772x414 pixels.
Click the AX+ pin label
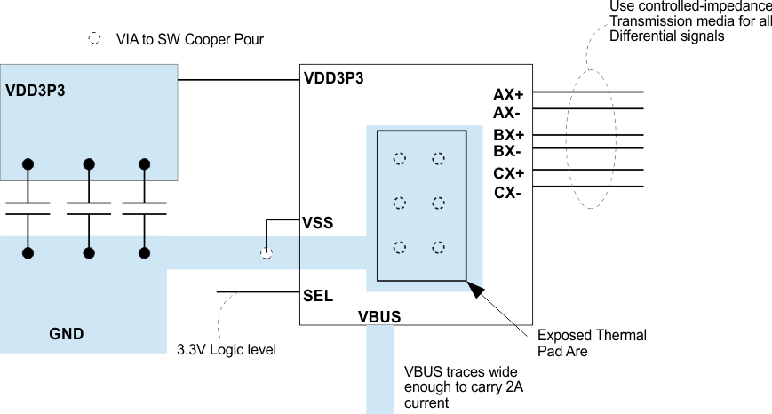pos(508,94)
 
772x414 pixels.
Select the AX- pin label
pos(507,113)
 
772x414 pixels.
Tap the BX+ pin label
pos(508,135)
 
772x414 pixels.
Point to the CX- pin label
pos(507,193)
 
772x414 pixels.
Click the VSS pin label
pos(318,223)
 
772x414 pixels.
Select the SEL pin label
pos(318,296)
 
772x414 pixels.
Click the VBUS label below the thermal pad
pos(379,316)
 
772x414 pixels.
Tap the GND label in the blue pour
pos(67,334)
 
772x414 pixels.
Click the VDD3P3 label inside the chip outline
pos(333,78)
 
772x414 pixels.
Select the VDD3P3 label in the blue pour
pos(36,90)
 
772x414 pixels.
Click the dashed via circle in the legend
pos(94,40)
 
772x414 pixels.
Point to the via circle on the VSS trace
pos(266,253)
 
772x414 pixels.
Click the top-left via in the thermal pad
pos(400,158)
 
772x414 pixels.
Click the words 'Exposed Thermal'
pos(592,335)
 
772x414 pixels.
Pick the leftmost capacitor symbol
pos(28,208)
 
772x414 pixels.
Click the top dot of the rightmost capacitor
pos(144,163)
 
